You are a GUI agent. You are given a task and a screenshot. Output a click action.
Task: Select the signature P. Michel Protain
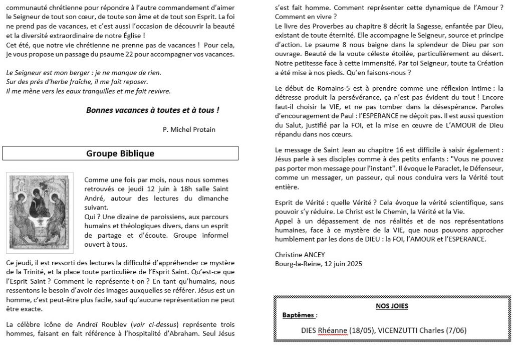pyautogui.click(x=189, y=129)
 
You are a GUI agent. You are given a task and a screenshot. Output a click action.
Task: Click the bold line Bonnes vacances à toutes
pyautogui.click(x=152, y=110)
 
